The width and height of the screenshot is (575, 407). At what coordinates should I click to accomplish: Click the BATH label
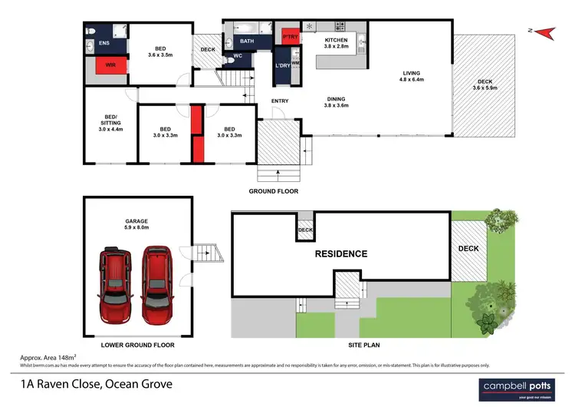[x=246, y=41]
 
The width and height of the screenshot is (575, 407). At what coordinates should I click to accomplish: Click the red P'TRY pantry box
[x=290, y=38]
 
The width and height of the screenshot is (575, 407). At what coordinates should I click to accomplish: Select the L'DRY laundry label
[x=281, y=66]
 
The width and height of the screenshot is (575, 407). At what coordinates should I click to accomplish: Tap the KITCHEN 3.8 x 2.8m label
[x=337, y=43]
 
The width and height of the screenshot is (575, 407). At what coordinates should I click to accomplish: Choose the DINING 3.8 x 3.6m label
[x=337, y=102]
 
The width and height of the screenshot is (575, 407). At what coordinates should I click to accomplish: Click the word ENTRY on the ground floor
[x=280, y=101]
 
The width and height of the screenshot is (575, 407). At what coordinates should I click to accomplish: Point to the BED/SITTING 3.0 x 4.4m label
[x=110, y=124]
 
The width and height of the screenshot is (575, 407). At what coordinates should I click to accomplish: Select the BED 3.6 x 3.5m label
[x=160, y=51]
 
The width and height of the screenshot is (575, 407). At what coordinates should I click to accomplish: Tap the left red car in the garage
[x=113, y=285]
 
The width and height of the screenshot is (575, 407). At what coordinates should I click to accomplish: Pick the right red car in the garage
[x=156, y=287]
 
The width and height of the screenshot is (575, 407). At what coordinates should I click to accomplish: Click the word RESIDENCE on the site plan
[x=339, y=253]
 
